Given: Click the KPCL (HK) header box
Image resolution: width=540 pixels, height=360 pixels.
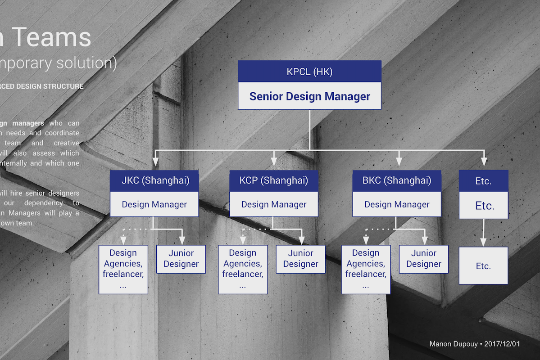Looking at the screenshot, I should coord(309,72).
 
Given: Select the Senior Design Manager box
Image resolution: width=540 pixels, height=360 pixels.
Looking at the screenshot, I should coord(309,96).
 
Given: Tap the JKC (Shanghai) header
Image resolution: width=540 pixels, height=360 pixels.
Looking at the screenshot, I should coord(154,181).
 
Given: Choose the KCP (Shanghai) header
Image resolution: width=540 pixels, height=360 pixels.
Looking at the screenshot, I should coord(274,181).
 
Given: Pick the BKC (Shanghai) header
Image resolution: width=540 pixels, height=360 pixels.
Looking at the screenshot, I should coord(397,181).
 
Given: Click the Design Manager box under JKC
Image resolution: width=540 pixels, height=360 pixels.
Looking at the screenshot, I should coord(154,204).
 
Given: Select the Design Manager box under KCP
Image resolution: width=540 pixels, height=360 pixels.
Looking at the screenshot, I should coord(274,204).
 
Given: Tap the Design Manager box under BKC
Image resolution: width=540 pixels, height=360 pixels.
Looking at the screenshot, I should coord(397,204).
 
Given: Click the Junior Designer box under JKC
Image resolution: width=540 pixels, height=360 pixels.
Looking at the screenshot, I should coord(181,259).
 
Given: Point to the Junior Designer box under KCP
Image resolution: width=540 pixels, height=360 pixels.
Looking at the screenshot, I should coord(300,259).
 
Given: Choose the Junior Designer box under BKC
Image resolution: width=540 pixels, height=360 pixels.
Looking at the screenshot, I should coord(423,259).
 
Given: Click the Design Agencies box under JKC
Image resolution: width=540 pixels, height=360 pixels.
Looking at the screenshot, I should coord(123,269).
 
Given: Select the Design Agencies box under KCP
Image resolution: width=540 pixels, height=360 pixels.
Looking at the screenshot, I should coord(243,269).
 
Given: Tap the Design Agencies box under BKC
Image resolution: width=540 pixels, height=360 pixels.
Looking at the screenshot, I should coord(366,269).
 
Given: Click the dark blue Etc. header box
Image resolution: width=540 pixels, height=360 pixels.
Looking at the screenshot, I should coord(483,181).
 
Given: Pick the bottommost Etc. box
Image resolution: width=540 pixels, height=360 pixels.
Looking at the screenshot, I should coord(483,265).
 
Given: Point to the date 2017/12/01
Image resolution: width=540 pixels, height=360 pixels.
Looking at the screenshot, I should coord(502,344).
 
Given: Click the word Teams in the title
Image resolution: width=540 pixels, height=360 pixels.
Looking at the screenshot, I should coord(52,37).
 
